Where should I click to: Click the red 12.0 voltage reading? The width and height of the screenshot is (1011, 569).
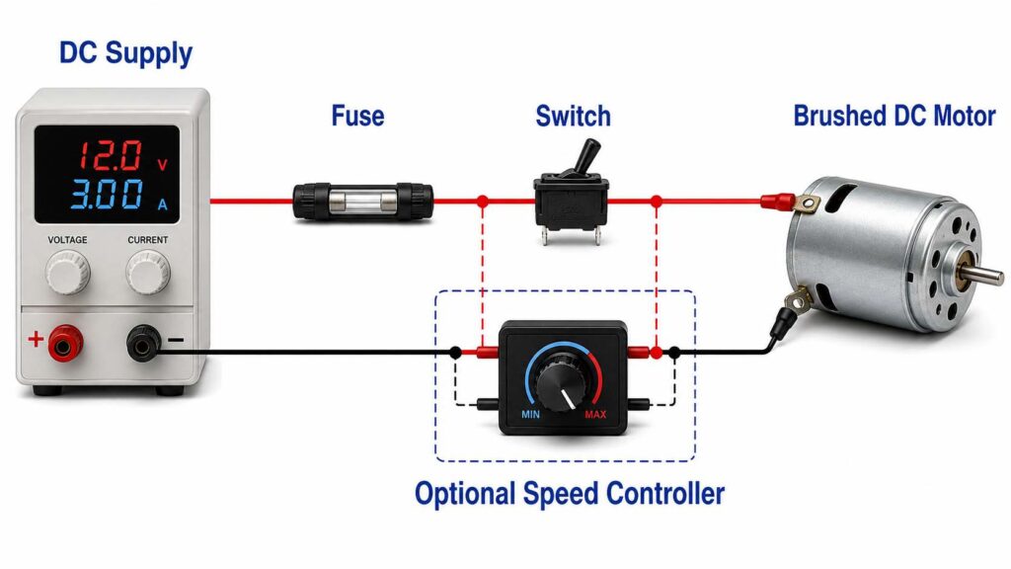(111, 155)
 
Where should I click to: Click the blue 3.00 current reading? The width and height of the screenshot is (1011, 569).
(107, 194)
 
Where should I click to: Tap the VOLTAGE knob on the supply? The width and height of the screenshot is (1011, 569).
(67, 272)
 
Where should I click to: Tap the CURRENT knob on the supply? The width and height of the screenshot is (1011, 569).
(148, 272)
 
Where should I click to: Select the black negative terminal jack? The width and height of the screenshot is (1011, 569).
(143, 344)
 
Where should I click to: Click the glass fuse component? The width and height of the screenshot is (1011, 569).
(363, 202)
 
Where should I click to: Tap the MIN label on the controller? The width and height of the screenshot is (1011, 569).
(530, 414)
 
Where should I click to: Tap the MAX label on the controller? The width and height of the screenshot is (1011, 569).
(595, 414)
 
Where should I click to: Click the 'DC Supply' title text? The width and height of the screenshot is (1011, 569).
(125, 53)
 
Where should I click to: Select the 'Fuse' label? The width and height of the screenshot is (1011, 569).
(357, 117)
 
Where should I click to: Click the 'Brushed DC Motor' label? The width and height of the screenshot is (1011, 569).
(894, 117)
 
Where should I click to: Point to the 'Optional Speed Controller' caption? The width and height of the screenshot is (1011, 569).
(570, 494)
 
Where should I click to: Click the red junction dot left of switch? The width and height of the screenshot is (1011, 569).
(482, 202)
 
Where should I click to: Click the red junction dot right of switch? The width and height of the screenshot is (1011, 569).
(657, 202)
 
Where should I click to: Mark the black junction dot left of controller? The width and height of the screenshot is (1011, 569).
(455, 353)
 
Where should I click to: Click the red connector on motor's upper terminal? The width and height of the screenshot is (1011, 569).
(778, 202)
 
